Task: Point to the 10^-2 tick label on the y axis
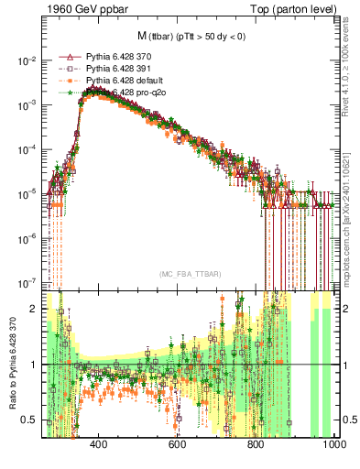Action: tap(27, 61)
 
